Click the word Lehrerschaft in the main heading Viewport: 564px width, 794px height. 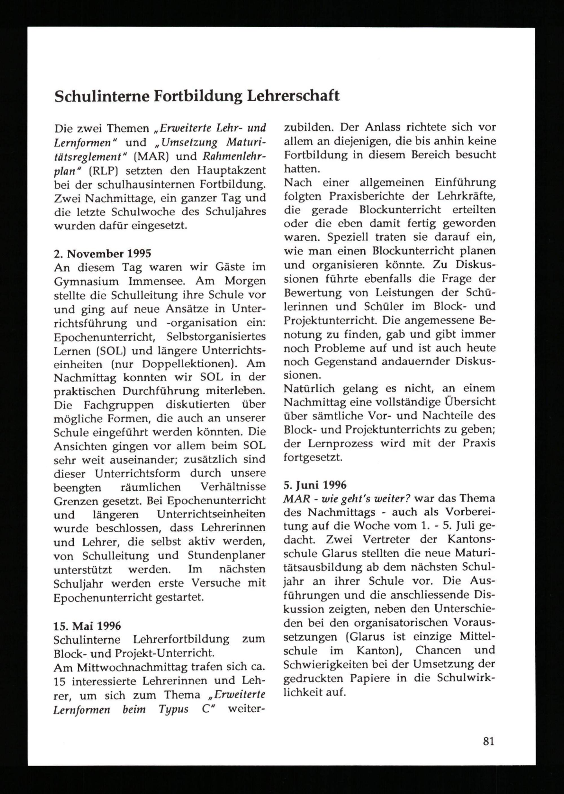point(293,96)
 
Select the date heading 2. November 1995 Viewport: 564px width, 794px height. point(102,254)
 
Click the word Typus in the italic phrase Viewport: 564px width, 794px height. point(174,709)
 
